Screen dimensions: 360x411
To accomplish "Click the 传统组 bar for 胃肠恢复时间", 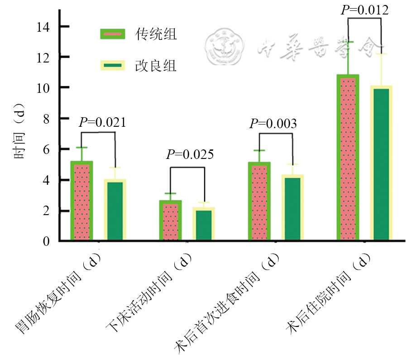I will (x=82, y=201).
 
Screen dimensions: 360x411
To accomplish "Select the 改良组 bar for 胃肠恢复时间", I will (x=115, y=210).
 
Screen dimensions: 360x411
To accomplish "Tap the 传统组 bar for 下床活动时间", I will (x=170, y=220).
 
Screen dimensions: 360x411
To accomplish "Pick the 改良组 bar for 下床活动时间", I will (x=204, y=224).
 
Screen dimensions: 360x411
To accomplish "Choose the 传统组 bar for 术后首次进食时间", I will (x=259, y=201).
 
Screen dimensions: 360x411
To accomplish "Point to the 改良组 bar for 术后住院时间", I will (x=381, y=163).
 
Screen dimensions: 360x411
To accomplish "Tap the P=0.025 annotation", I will (x=190, y=155).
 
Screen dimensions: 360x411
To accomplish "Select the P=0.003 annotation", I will (x=273, y=123).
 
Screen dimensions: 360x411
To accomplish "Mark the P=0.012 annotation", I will (x=364, y=10).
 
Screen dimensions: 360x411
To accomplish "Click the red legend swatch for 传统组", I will (x=113, y=34).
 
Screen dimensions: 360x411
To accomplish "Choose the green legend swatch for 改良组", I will (x=113, y=66).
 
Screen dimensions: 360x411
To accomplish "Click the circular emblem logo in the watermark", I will (x=225, y=46).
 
